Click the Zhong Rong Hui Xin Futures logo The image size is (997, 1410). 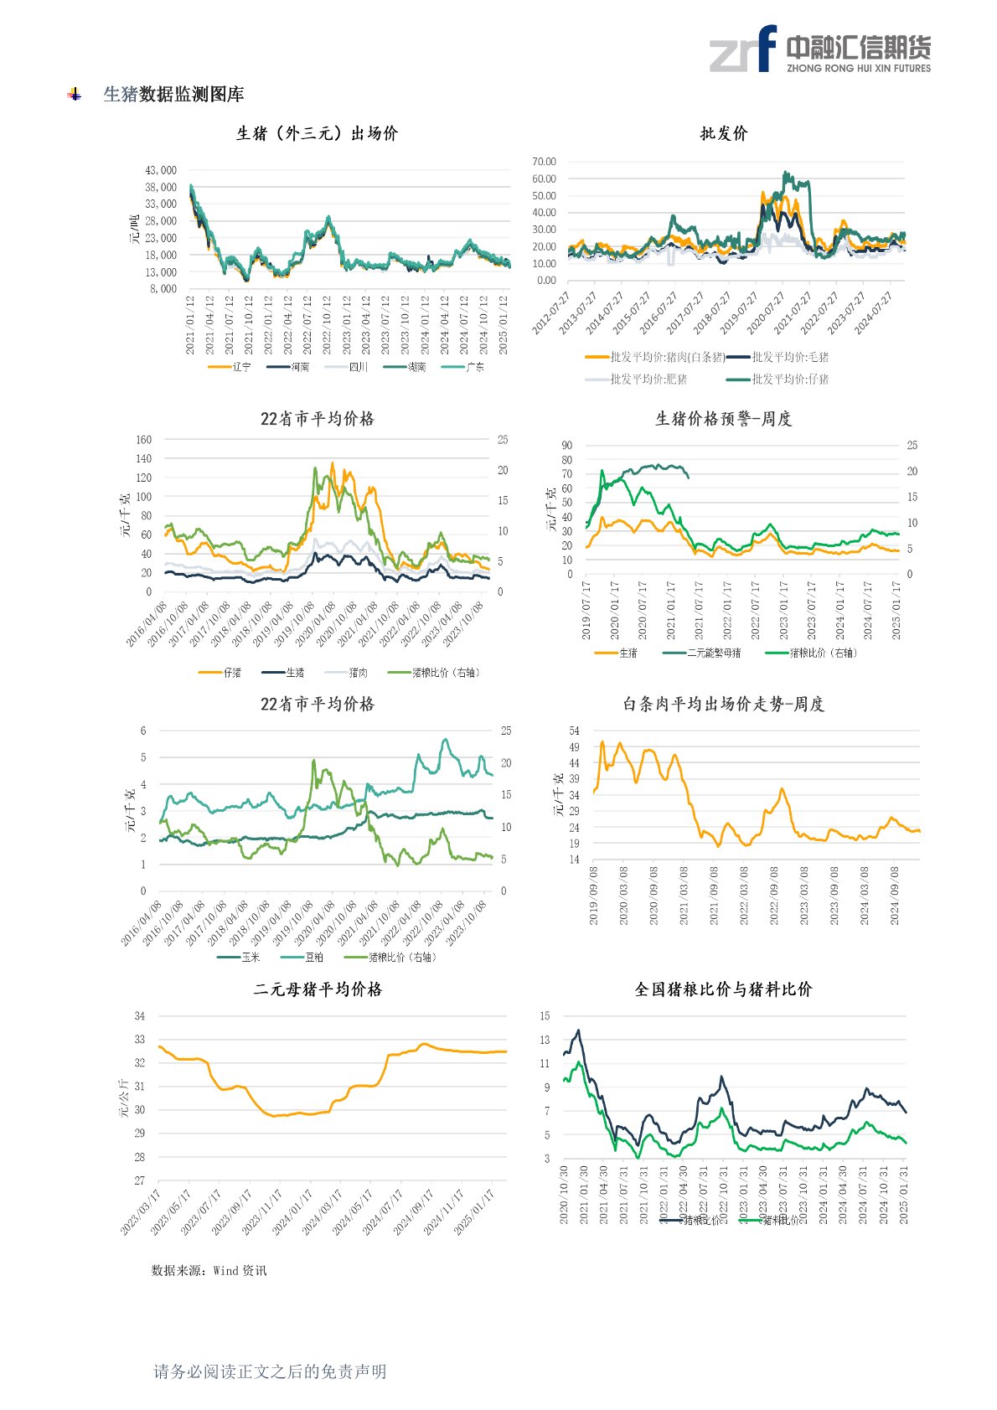(819, 49)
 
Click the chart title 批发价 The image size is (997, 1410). (724, 133)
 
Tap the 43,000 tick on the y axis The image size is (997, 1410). (161, 170)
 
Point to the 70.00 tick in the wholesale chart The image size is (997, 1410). (545, 162)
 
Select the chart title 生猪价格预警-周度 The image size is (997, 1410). (724, 419)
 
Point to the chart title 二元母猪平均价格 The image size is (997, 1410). (318, 989)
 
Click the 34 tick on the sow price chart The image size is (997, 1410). (140, 1016)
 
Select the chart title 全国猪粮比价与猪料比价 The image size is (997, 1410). (724, 989)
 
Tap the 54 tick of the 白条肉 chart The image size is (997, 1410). (574, 731)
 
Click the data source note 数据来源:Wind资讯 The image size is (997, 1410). (209, 1271)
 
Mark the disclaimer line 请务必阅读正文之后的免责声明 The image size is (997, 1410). (270, 1371)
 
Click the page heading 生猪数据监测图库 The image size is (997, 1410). (173, 95)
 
